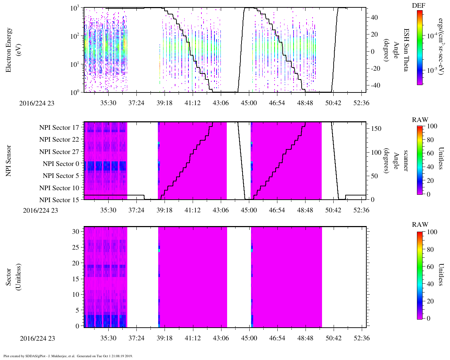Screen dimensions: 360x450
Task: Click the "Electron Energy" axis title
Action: (x=9, y=50)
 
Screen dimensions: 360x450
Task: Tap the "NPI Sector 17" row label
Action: (x=59, y=128)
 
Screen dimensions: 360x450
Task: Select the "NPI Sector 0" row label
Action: (x=61, y=164)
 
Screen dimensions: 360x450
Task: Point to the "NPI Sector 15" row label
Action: (x=59, y=200)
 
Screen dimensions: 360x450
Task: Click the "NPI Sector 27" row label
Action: (x=59, y=152)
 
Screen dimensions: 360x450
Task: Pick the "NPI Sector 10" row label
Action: (x=59, y=188)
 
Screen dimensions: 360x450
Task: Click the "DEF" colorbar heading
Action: (x=419, y=5)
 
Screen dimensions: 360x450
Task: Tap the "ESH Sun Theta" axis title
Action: (x=406, y=50)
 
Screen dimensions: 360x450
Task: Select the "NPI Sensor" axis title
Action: (x=9, y=161)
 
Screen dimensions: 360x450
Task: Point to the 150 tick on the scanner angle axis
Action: (x=376, y=129)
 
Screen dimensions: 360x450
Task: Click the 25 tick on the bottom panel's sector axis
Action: (x=76, y=247)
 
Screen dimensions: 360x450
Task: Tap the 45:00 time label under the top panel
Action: (x=249, y=103)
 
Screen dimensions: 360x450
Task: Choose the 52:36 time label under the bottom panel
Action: (x=361, y=338)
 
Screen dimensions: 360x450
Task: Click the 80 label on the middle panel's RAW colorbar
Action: (x=430, y=140)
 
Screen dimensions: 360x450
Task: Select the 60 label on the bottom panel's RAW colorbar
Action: (x=430, y=267)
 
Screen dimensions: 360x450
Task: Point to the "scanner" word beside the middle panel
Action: (x=406, y=161)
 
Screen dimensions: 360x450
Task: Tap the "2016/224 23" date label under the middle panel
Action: (x=40, y=210)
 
